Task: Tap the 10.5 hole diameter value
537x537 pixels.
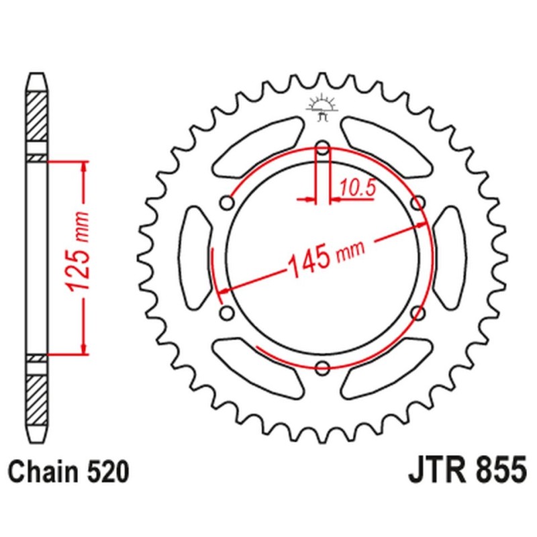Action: point(356,189)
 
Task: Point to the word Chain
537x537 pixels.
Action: point(44,472)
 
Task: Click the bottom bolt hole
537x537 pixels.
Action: point(322,367)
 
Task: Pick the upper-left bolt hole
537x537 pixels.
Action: point(228,202)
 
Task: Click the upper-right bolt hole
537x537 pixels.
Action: point(418,202)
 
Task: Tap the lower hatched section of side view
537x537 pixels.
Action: point(38,391)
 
